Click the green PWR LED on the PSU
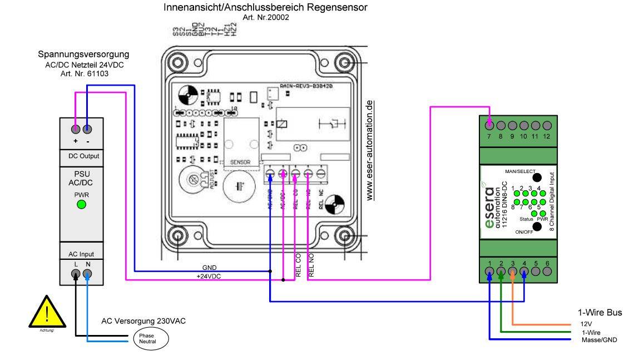tap(82, 205)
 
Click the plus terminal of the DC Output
tap(76, 130)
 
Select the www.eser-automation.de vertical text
tap(370, 150)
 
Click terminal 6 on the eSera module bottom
tap(547, 272)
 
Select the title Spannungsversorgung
tap(83, 55)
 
